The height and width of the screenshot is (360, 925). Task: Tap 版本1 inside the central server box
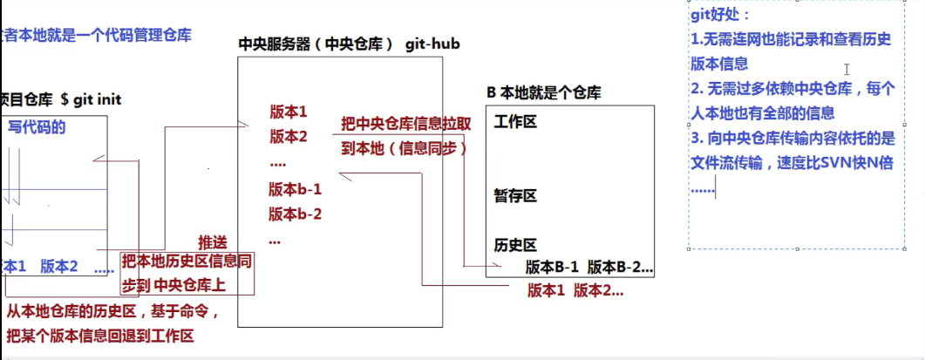[289, 112]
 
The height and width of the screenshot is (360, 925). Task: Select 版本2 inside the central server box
[289, 136]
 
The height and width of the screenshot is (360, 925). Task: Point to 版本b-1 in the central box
[296, 189]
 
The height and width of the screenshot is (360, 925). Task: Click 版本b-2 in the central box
[296, 214]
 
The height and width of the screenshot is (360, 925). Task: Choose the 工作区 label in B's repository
[514, 121]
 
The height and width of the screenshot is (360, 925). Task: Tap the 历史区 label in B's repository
[514, 245]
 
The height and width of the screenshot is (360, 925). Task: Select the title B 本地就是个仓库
[543, 92]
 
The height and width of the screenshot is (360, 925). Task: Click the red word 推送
[213, 241]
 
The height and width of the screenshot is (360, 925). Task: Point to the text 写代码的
[37, 127]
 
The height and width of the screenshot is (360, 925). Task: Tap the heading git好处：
[719, 15]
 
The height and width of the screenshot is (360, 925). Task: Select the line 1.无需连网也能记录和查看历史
[792, 39]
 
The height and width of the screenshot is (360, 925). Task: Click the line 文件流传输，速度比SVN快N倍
[792, 163]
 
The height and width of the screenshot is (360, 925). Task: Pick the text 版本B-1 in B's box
[554, 267]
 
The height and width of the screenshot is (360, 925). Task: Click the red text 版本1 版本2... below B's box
[575, 291]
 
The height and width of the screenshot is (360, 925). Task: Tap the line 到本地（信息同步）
[405, 148]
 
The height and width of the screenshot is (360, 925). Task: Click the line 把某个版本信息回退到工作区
[99, 336]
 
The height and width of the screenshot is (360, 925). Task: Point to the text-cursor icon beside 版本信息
[847, 69]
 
